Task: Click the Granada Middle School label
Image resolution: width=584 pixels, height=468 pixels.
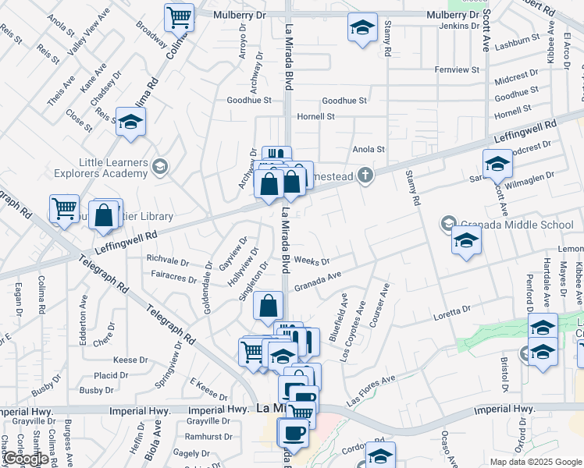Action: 518,225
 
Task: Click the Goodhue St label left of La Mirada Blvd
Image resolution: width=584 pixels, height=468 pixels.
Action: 249,101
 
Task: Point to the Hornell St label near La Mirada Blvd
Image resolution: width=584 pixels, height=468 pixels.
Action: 315,116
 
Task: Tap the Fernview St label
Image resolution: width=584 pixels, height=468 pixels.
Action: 457,70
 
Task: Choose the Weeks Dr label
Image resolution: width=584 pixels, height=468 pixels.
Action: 312,261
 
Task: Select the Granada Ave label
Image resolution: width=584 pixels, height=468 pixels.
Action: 319,277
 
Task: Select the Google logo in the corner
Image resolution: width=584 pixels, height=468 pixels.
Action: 26,459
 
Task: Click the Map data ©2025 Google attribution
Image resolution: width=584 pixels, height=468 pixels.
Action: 536,462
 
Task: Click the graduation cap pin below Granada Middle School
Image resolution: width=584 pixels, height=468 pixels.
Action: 466,240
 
